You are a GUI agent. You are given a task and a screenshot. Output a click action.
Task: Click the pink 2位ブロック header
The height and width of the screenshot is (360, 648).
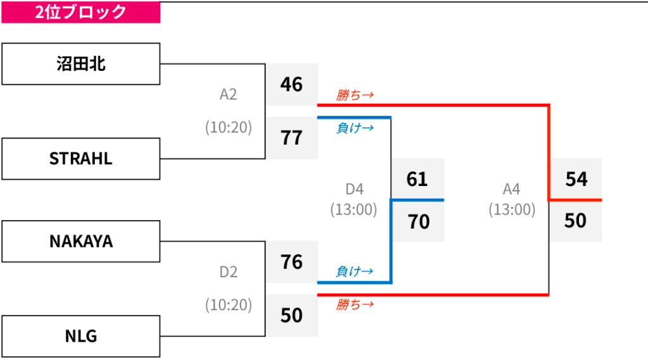(x=80, y=12)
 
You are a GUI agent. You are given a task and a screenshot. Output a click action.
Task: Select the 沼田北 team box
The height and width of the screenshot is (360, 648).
(x=80, y=64)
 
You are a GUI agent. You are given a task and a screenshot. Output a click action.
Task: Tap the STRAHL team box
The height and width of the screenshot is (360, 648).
(x=80, y=159)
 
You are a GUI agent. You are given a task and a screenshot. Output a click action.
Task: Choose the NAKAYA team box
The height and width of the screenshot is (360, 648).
(x=80, y=242)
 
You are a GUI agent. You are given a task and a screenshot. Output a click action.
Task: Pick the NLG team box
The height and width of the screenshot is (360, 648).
(x=80, y=336)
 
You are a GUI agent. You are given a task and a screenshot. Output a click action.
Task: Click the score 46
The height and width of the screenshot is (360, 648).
(x=291, y=84)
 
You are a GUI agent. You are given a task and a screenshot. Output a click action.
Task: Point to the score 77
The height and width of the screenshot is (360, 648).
(x=291, y=138)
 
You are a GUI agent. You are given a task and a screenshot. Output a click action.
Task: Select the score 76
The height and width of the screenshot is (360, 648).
(x=291, y=262)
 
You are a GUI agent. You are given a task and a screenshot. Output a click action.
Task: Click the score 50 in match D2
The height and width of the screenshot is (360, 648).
(x=291, y=315)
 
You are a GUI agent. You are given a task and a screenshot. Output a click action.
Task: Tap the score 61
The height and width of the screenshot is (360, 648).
(x=417, y=179)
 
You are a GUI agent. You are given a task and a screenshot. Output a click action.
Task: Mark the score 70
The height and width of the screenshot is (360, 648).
(x=419, y=221)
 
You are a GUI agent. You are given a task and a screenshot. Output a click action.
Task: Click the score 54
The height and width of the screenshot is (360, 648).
(x=576, y=179)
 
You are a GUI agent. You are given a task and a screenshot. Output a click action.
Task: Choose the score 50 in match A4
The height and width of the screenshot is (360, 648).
(x=575, y=220)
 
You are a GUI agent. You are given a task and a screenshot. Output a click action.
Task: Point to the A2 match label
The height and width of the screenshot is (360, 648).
(x=228, y=95)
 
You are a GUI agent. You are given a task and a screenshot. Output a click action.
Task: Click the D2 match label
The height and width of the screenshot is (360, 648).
(x=228, y=272)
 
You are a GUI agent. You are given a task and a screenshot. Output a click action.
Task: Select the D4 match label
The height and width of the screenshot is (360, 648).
(x=354, y=189)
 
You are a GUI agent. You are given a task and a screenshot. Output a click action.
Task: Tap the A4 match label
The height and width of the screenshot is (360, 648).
(x=511, y=189)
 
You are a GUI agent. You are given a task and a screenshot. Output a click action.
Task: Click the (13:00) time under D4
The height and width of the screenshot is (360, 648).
(x=354, y=209)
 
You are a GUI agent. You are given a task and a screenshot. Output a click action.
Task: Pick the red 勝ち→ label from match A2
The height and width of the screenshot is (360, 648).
(x=354, y=95)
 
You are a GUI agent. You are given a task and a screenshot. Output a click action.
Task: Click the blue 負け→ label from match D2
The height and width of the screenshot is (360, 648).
(x=354, y=271)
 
